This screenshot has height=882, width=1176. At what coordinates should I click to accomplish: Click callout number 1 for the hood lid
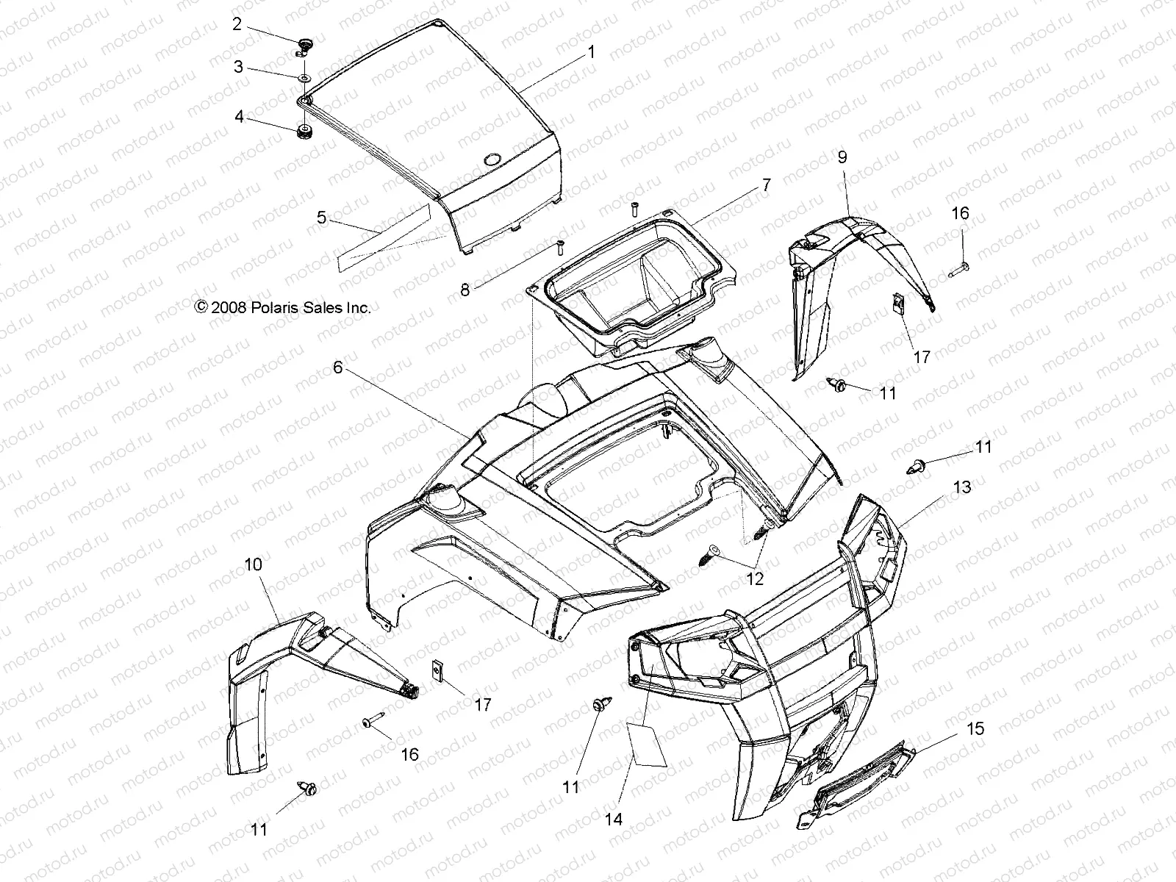tap(592, 53)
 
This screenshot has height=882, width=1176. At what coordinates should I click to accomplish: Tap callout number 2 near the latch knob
tap(237, 24)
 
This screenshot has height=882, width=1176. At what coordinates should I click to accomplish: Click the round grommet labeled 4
tap(303, 133)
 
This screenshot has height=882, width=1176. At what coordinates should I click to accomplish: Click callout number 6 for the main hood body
tap(337, 367)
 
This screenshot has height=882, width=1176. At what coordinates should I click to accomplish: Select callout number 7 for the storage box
tap(766, 186)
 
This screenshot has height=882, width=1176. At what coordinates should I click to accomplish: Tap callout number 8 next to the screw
tap(486, 290)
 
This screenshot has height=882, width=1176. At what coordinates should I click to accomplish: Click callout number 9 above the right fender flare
tap(842, 157)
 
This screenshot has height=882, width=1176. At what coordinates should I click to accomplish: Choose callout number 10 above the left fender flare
tap(253, 564)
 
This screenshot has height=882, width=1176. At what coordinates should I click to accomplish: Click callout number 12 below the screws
tap(755, 579)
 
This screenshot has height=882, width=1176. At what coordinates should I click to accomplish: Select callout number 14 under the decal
tap(614, 819)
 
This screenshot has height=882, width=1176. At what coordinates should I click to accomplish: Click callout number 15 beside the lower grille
tap(975, 730)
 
